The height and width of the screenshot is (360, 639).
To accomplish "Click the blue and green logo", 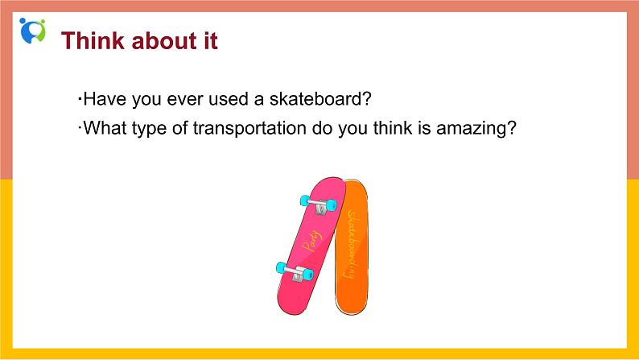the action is click(x=32, y=31).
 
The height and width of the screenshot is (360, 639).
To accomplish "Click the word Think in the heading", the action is click(x=93, y=41).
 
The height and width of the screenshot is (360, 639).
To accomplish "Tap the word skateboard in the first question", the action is click(x=315, y=99).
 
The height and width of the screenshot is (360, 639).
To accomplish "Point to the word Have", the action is click(x=105, y=99).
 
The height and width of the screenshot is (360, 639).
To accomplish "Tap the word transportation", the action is click(x=249, y=128).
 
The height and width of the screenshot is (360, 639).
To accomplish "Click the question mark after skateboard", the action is click(x=367, y=99).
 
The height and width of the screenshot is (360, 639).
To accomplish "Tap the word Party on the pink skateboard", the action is click(x=311, y=241).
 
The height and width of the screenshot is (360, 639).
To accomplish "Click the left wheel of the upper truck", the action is click(x=305, y=201).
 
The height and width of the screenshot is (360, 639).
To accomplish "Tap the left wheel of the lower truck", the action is click(x=281, y=268).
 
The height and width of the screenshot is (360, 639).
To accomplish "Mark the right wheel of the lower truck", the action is click(x=307, y=275).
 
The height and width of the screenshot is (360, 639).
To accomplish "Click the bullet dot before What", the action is click(x=80, y=127).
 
